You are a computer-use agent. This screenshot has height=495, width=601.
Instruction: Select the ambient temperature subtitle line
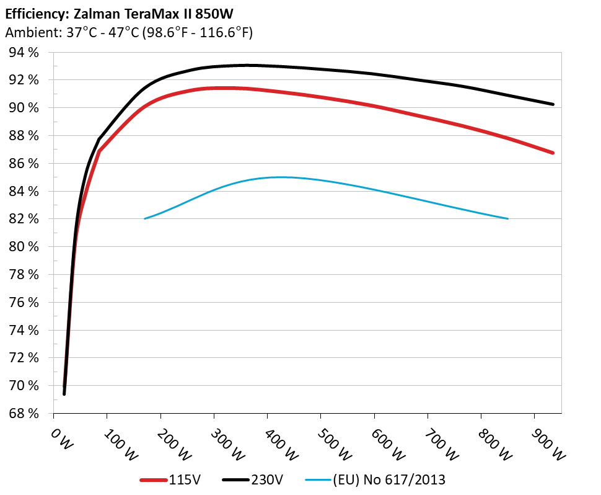coord(128,33)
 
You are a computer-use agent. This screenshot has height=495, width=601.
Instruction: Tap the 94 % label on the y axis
coord(24,53)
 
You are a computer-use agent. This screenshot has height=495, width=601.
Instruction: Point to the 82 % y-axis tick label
coord(24,219)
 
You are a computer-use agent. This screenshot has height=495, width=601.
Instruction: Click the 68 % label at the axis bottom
coord(24,414)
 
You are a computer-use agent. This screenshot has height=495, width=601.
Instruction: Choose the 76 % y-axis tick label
coord(24,303)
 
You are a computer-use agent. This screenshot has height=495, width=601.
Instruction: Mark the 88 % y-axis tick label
coord(24,136)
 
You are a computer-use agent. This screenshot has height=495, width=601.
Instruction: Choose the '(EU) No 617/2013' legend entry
coord(376,479)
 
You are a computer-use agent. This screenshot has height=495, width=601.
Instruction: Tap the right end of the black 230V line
coord(553,104)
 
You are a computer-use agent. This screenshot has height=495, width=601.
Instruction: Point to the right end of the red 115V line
coord(553,153)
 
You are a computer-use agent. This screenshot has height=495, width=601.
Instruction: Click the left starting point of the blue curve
coord(144,218)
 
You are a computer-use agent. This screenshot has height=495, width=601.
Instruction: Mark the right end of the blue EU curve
coord(508,218)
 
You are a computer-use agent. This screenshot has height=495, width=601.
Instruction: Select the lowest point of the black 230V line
coord(64,394)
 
